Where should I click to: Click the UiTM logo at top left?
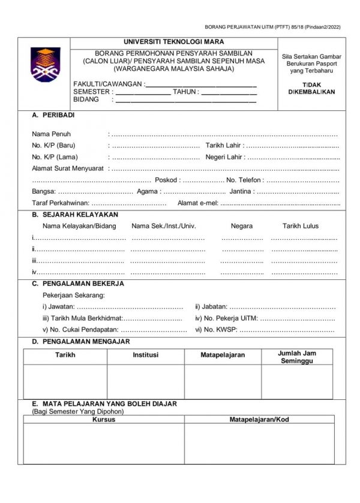point(46,64)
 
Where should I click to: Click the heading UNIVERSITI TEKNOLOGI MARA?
point(174,42)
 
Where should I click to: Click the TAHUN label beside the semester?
point(185,92)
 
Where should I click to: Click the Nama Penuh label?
point(52,134)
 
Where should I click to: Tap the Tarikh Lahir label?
point(224,145)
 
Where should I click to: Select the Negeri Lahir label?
point(225,156)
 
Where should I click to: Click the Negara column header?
point(242,226)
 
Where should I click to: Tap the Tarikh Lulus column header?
point(301,226)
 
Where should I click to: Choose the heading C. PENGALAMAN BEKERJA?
point(78,284)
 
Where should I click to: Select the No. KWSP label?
point(216,329)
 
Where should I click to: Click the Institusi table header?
point(146,355)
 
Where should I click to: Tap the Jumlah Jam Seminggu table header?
point(297,357)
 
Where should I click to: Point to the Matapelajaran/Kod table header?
point(259,420)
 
